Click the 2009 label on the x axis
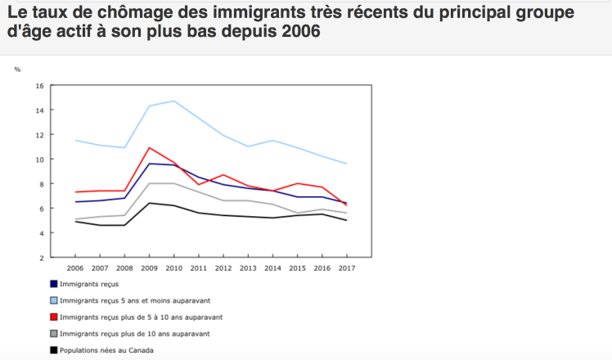click(150, 268)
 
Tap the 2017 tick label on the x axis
click(346, 268)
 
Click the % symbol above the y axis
click(17, 69)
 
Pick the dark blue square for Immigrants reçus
click(54, 283)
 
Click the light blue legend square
click(54, 300)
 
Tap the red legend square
click(54, 317)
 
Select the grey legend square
click(54, 334)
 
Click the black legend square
click(54, 350)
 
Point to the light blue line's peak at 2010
click(174, 101)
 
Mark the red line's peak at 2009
click(150, 147)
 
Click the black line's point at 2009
click(150, 203)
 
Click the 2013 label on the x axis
click(248, 268)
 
